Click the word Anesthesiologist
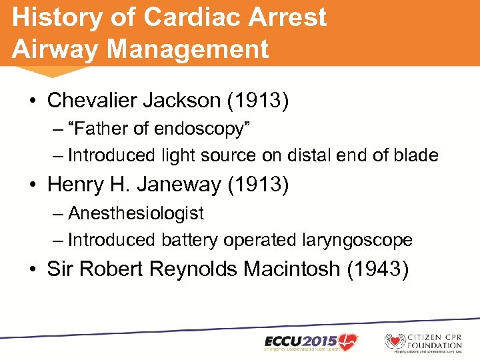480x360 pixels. coord(136,213)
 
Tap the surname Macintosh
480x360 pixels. coord(297,269)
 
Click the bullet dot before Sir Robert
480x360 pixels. coord(33,269)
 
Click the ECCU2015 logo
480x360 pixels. coord(311,342)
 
